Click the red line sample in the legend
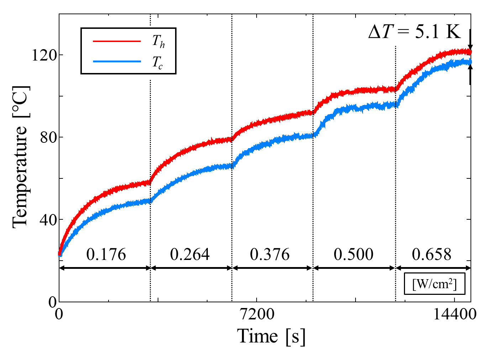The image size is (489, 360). pyautogui.click(x=117, y=41)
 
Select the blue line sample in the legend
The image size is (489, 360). pyautogui.click(x=117, y=62)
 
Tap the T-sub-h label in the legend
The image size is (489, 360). pyautogui.click(x=158, y=41)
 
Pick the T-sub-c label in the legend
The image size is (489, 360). pyautogui.click(x=157, y=62)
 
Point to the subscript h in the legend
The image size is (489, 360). pyautogui.click(x=162, y=45)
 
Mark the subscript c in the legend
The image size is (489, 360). pyautogui.click(x=161, y=66)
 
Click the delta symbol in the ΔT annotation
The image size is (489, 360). pyautogui.click(x=375, y=32)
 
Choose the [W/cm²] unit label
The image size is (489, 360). pyautogui.click(x=434, y=284)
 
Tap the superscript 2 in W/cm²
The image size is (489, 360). pyautogui.click(x=451, y=281)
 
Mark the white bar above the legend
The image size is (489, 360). pyautogui.click(x=128, y=27)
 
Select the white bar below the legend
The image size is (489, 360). pyautogui.click(x=128, y=77)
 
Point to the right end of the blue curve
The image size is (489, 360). pyautogui.click(x=471, y=62)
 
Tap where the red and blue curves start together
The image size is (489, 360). pyautogui.click(x=60, y=254)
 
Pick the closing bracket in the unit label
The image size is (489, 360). pyautogui.click(x=455, y=284)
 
